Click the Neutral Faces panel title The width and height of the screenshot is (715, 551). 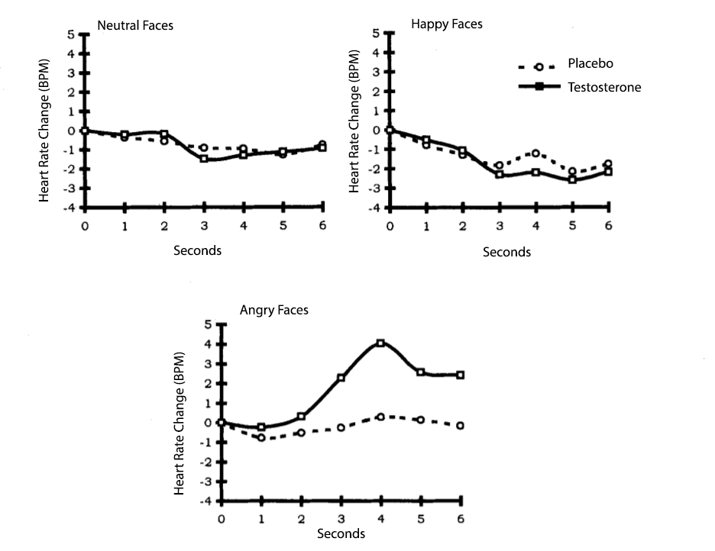(135, 25)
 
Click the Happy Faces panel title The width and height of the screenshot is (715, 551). (447, 24)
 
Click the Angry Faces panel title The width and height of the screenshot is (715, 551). (274, 310)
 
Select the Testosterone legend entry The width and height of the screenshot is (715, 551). (603, 87)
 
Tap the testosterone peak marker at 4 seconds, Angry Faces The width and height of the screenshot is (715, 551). (380, 343)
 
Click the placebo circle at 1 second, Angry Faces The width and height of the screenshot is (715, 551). (261, 437)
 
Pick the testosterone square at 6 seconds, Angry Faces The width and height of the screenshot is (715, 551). (461, 375)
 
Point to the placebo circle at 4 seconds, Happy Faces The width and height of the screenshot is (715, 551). (536, 153)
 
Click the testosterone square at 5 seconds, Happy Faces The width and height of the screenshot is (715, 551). (572, 179)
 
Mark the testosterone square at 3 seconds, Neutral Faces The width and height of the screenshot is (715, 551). (204, 159)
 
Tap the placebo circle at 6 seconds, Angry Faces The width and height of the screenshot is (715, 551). (461, 425)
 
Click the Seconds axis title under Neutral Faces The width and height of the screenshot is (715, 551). (198, 250)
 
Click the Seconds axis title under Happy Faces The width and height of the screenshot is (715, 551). (506, 252)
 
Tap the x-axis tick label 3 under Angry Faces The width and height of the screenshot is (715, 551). (341, 519)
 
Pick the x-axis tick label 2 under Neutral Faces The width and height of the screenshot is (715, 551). (164, 226)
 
